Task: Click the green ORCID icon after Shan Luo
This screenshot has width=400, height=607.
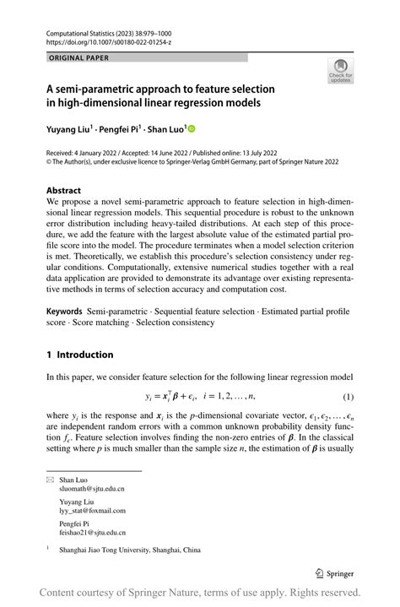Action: pyautogui.click(x=191, y=129)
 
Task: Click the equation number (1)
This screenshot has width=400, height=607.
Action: pyautogui.click(x=348, y=396)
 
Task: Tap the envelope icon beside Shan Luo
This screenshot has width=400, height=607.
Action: pyautogui.click(x=49, y=480)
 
